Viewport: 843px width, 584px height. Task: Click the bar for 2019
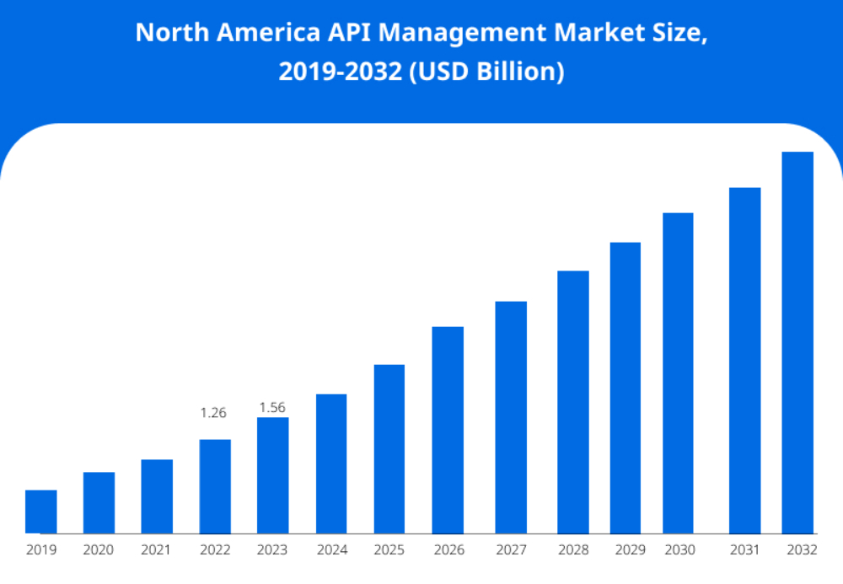click(41, 512)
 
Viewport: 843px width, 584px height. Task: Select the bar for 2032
click(797, 343)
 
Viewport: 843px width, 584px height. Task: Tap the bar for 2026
click(448, 430)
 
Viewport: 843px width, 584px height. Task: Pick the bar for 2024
click(331, 463)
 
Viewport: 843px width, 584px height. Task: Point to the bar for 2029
click(626, 388)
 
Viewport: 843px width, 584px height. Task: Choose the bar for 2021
click(157, 496)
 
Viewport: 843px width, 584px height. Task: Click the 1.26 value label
click(213, 413)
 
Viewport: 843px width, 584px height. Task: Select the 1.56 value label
click(272, 408)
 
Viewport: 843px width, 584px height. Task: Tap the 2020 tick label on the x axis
click(99, 550)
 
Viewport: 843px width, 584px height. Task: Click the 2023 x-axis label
click(272, 550)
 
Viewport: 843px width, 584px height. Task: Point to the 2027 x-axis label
click(511, 550)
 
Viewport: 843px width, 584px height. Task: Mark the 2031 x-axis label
click(744, 550)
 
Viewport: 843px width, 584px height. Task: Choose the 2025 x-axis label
click(389, 550)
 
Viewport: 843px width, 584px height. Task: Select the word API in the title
click(347, 33)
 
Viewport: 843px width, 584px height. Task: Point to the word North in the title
click(168, 33)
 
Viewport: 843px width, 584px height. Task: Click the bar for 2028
click(573, 402)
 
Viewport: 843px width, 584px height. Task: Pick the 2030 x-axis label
click(679, 550)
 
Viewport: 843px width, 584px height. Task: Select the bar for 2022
click(215, 486)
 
